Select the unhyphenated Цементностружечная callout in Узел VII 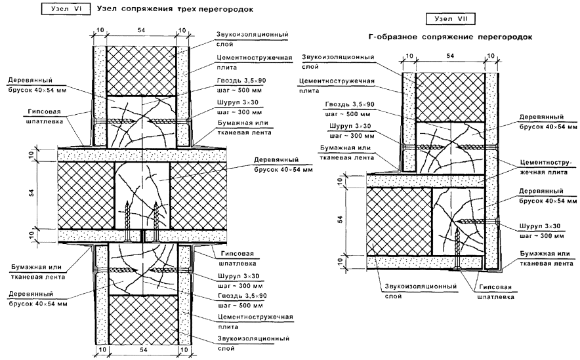coord(336,81)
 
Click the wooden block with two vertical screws coord(142,197)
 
